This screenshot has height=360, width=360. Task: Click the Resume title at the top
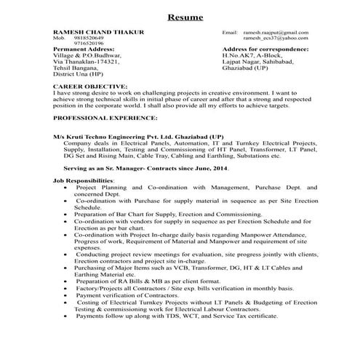click(x=180, y=16)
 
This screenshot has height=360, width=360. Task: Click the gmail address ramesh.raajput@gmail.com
click(x=276, y=33)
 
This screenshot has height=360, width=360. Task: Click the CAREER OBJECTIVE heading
click(x=88, y=86)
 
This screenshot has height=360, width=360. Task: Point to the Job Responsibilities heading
click(x=83, y=180)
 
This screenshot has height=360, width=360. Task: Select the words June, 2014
click(x=212, y=169)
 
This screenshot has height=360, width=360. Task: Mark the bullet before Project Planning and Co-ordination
click(x=65, y=187)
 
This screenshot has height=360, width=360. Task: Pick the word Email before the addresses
click(x=230, y=33)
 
